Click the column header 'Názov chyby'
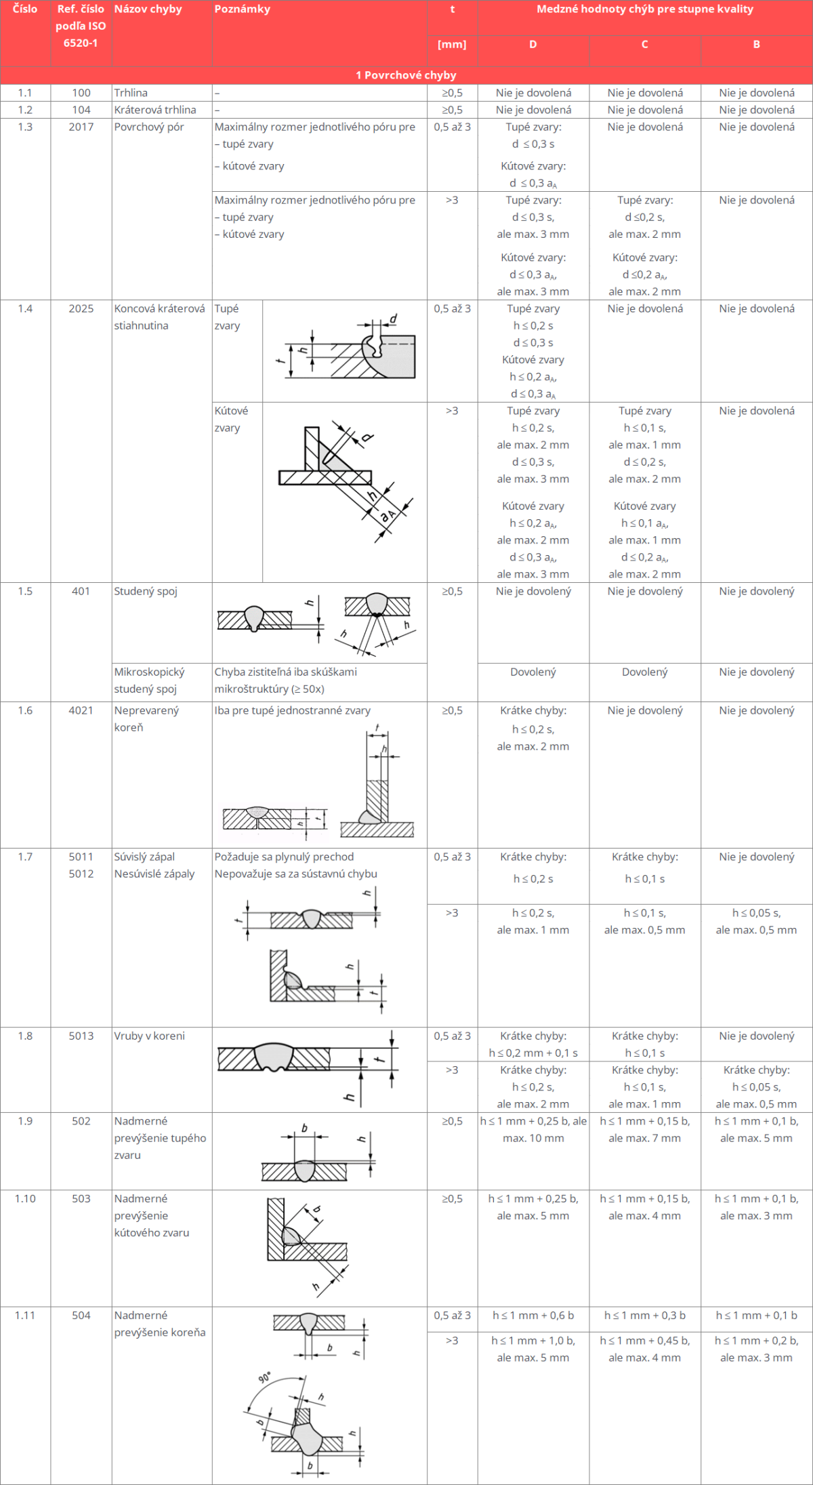148,9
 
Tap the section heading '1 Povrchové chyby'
406,75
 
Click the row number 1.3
25,127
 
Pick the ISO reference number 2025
81,308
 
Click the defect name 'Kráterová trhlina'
154,110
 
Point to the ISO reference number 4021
81,710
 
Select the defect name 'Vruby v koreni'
149,1036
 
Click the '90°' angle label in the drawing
265,1378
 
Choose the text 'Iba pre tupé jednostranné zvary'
292,710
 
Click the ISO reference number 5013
81,1036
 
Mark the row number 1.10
25,1198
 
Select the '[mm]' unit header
452,45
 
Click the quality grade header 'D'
533,45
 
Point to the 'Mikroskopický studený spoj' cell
149,680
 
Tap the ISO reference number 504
81,1315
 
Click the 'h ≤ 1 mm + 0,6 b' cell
533,1315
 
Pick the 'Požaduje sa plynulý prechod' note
284,857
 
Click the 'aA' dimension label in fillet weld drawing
388,516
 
